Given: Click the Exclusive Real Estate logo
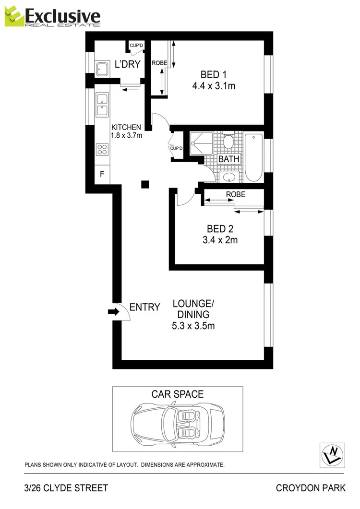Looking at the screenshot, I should click(x=53, y=17).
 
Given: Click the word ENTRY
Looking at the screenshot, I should click(x=144, y=308).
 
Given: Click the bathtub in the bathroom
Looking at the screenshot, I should click(x=254, y=157).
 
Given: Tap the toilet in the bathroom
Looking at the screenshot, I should click(x=228, y=141).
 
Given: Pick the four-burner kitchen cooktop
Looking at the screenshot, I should click(x=102, y=149).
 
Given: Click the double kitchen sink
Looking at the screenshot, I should click(x=102, y=105).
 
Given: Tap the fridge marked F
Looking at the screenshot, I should click(x=102, y=174).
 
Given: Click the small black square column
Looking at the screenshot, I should click(x=145, y=184).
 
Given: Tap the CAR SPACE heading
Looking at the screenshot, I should click(x=178, y=394).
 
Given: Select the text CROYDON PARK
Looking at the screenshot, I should click(x=310, y=488).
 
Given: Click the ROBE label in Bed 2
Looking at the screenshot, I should click(x=236, y=195).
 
